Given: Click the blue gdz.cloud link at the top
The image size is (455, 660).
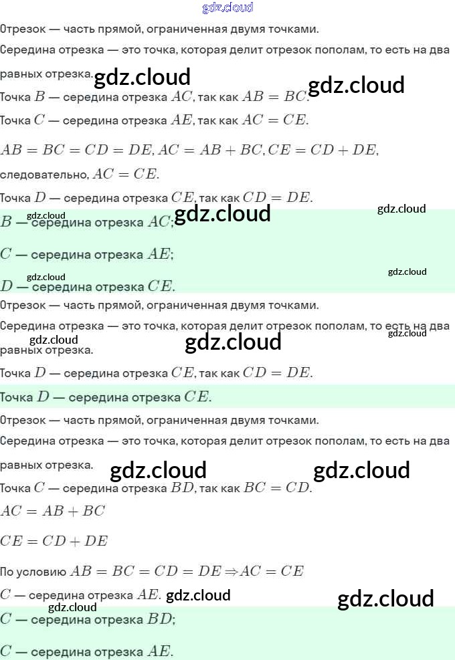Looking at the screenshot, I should [x=227, y=7].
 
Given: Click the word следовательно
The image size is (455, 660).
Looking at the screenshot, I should [x=43, y=175].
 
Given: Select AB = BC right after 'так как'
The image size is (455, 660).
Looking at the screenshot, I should [x=274, y=96].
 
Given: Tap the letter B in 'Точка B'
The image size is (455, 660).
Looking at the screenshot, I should [x=39, y=96].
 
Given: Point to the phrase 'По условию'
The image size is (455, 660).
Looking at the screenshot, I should [x=33, y=571].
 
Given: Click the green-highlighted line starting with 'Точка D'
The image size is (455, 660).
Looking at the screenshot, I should [x=106, y=397].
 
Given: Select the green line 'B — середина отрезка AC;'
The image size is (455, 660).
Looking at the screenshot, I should [x=87, y=222].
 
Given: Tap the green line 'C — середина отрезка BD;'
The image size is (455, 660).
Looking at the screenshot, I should [x=87, y=619].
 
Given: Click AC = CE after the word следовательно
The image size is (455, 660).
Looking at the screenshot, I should [x=126, y=175].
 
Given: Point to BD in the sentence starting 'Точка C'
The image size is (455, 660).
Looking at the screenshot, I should [x=182, y=487].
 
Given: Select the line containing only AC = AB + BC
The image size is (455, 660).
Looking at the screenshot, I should [x=53, y=511].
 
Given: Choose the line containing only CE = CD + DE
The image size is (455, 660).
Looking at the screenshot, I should [x=54, y=541].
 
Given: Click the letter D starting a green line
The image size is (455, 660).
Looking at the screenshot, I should [x=7, y=286].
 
